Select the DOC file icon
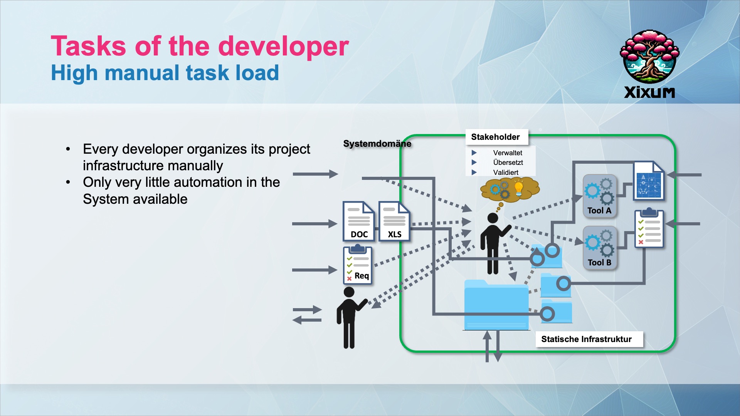pos(358,221)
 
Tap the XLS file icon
pos(394,221)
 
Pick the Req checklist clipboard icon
pos(357,265)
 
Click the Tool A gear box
pos(599,196)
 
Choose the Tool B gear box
pos(599,247)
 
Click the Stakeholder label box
pos(496,137)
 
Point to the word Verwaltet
pos(508,153)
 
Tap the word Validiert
pos(506,173)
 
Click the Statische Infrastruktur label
pos(586,339)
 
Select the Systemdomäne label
pos(377,144)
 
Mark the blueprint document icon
pos(649,181)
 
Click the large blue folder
pos(496,306)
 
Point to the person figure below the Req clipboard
pos(349,318)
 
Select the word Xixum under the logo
pos(649,92)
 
